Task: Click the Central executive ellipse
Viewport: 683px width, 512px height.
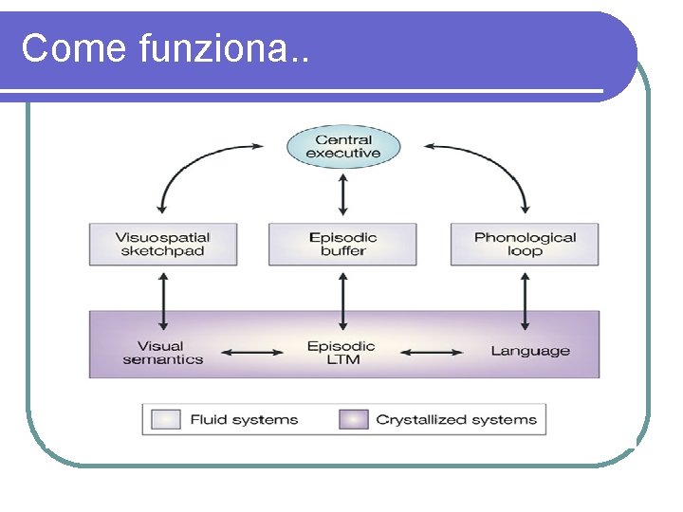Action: pos(343,147)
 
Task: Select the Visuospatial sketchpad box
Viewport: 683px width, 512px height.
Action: pos(163,245)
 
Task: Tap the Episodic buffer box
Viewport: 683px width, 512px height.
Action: pos(342,245)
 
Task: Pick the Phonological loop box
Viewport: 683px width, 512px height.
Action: pos(525,245)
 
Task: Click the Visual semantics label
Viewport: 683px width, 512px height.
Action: pos(163,353)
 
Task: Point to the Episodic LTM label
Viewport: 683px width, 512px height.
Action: pos(341,353)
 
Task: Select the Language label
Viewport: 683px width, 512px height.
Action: pos(530,351)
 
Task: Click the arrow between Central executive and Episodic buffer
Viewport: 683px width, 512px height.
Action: pos(343,194)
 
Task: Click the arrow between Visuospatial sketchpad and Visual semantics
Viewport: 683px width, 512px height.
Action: pos(163,302)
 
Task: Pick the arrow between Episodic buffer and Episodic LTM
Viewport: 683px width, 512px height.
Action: pos(343,302)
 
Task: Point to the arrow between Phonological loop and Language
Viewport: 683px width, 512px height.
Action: pos(525,302)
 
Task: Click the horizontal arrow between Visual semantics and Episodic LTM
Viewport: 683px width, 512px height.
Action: pos(252,352)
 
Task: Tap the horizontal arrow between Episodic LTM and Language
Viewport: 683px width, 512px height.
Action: pos(432,352)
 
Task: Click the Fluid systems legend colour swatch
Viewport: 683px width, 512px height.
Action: pos(166,419)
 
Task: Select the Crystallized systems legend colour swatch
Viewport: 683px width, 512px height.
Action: pos(354,419)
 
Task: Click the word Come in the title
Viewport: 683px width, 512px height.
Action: pos(74,47)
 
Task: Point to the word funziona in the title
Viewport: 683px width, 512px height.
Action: pos(213,47)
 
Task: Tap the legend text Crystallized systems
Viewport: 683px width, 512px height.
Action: pos(456,420)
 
